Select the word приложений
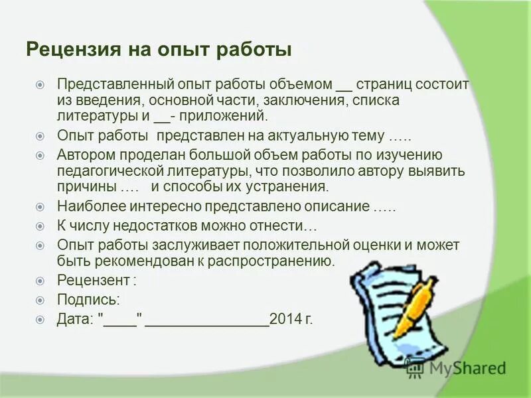[223, 117]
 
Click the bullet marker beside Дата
[40, 318]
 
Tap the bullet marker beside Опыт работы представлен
[40, 137]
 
